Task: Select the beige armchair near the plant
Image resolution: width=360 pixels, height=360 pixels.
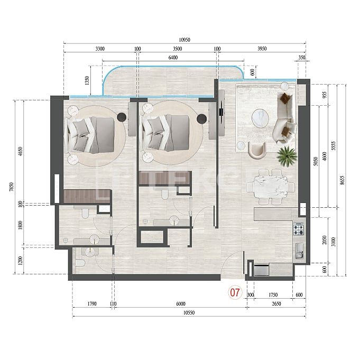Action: [x=257, y=150]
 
